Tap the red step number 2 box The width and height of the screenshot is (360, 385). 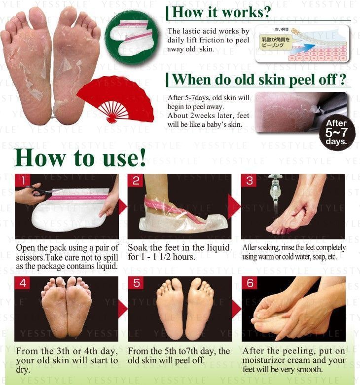click(137, 181)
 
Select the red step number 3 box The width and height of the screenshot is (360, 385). click(250, 181)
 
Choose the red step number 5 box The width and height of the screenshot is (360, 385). click(137, 283)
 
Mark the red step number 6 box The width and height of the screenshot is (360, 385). click(250, 283)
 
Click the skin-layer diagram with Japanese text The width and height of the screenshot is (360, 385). click(302, 44)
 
